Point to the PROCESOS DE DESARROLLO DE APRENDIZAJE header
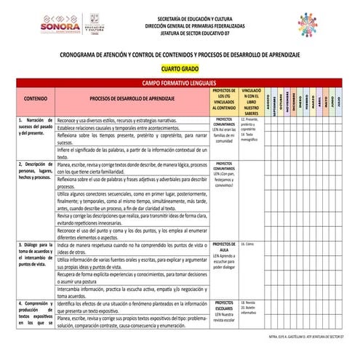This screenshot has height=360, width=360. [x=132, y=97]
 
